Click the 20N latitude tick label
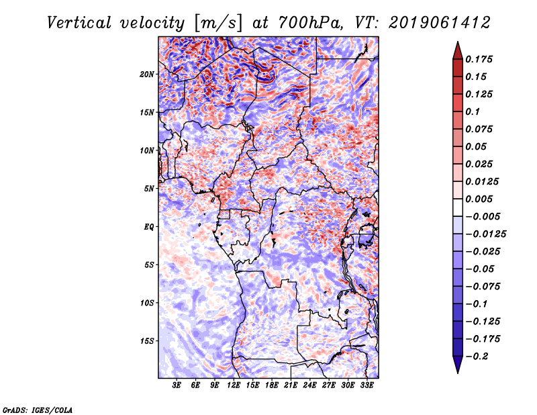pos(147,74)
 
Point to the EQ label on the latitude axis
pos(148,226)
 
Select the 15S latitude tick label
pos(147,340)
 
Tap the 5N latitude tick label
pos(148,188)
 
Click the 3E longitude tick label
pos(177,385)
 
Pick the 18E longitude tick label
pos(272,385)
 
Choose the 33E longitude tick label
pos(367,385)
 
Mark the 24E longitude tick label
pos(309,385)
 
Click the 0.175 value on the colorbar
pos(481,59)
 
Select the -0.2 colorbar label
pos(479,356)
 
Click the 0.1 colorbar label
pos(473,111)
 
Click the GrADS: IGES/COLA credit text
pos(37,409)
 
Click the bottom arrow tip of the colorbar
pos(457,371)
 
